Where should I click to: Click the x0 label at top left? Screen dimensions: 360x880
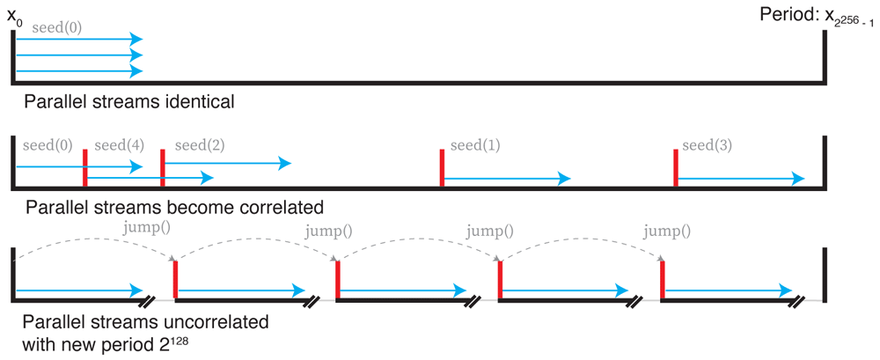coord(15,16)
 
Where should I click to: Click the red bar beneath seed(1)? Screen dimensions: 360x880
coord(442,168)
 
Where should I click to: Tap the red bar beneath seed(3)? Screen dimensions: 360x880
coord(675,168)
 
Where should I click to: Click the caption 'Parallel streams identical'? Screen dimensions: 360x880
coord(129,101)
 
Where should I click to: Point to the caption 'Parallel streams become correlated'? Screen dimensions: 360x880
coord(175,208)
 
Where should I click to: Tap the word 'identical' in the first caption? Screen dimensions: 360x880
coord(199,101)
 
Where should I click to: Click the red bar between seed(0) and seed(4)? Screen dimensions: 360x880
coord(84,168)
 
